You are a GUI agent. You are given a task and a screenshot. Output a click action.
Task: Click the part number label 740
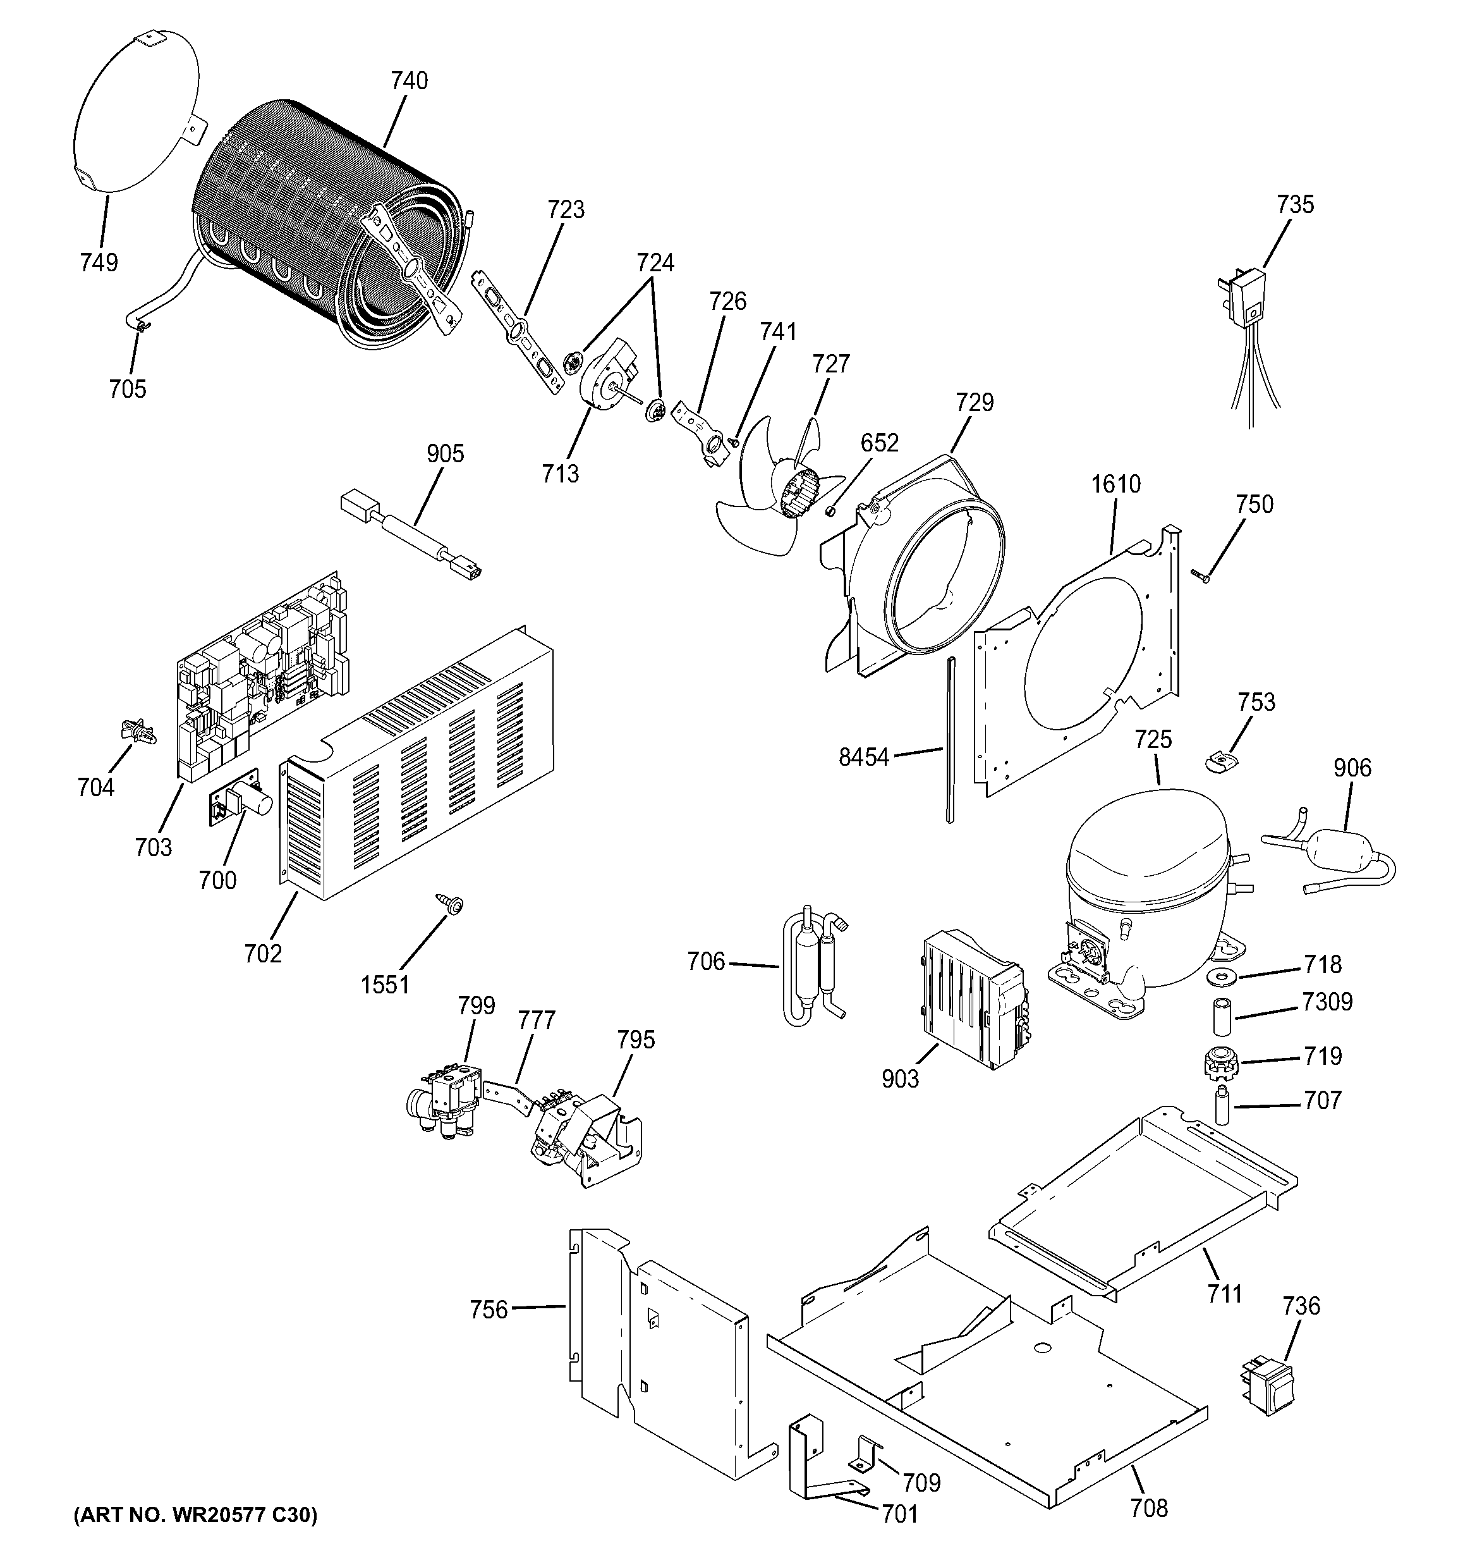coord(409,81)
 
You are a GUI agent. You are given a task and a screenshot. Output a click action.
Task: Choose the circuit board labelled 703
coord(260,677)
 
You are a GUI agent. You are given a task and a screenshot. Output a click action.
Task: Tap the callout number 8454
coord(863,758)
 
